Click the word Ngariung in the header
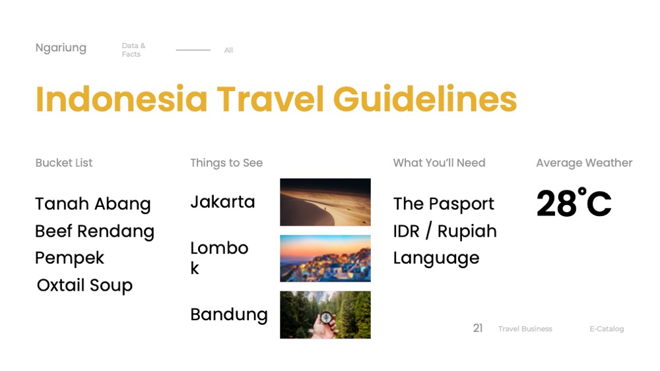(61, 48)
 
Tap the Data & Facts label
(133, 50)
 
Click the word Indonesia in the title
(121, 99)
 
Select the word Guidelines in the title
(425, 99)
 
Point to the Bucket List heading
(64, 163)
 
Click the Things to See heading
(226, 163)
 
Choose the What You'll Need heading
(439, 163)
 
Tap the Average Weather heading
(584, 163)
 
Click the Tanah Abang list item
(93, 204)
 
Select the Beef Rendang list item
(94, 231)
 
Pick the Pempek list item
(69, 258)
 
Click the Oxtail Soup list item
(84, 286)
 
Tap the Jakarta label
(222, 202)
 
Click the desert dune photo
(325, 202)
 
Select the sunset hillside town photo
(325, 258)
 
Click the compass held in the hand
(326, 318)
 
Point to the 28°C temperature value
(574, 202)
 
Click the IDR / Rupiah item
(445, 231)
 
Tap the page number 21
(478, 328)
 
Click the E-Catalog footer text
(607, 329)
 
